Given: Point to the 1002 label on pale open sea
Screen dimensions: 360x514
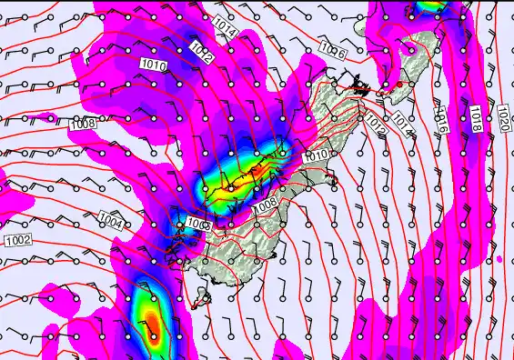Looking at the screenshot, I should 17,239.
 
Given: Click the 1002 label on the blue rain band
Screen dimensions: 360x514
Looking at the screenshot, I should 198,224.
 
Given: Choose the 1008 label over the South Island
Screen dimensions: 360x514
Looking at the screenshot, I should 265,209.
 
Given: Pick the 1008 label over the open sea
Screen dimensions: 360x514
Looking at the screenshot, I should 84,125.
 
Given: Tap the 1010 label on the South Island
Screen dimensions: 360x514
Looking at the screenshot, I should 316,156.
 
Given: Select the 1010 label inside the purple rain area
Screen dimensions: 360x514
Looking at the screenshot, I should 154,65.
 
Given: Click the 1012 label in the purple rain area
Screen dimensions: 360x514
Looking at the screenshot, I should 204,57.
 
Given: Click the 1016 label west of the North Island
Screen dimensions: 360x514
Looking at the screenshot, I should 333,54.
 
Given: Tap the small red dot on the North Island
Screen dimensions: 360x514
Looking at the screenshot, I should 398,85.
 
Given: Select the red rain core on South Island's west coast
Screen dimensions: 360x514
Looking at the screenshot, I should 258,169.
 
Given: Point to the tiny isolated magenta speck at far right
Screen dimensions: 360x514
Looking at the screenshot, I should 499,259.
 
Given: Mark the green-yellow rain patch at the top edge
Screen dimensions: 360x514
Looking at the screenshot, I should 430,7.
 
